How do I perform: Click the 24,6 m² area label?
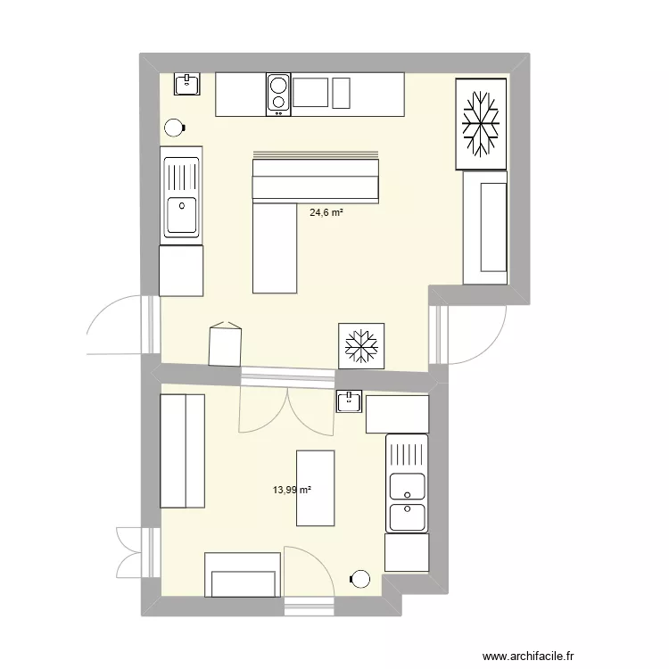pos(327,212)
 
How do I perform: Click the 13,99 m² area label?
pos(292,490)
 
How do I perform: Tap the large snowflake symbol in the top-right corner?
pos(482,123)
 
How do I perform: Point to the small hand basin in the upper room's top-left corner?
pos(187,84)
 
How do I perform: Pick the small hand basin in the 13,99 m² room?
pos(349,401)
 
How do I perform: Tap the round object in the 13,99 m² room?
pos(360,580)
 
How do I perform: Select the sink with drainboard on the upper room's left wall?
pos(181,196)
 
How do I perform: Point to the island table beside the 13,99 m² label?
pos(315,488)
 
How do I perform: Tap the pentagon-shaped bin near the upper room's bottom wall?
pos(225,344)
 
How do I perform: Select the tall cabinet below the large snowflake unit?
pos(486,227)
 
